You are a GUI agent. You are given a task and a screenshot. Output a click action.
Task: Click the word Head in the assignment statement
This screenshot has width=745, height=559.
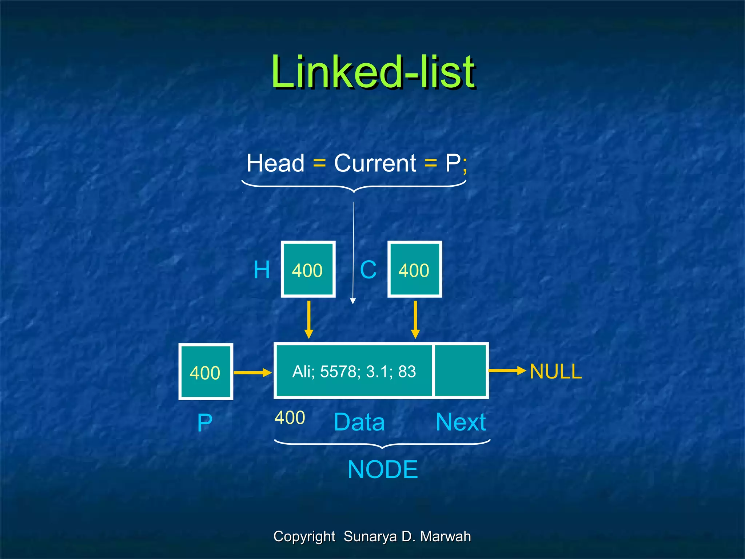pyautogui.click(x=275, y=163)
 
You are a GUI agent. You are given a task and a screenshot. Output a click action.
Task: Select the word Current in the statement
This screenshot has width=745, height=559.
pyautogui.click(x=375, y=163)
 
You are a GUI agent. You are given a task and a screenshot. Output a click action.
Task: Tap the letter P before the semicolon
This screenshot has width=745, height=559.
pyautogui.click(x=453, y=163)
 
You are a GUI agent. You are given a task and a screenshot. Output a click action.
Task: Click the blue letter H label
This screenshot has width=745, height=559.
pyautogui.click(x=262, y=270)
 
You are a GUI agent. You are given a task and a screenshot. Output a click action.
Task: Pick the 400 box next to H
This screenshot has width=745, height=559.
pyautogui.click(x=308, y=269)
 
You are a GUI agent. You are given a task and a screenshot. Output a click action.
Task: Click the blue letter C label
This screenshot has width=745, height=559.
pyautogui.click(x=368, y=270)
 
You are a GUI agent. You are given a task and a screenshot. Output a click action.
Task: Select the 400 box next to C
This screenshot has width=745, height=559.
pyautogui.click(x=415, y=269)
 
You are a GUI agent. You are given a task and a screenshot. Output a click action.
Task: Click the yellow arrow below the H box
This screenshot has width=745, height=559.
pyautogui.click(x=308, y=320)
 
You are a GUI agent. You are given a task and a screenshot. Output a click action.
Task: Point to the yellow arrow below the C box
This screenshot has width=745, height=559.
pyautogui.click(x=415, y=320)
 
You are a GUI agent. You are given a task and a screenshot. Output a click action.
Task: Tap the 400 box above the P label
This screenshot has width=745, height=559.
pyautogui.click(x=206, y=372)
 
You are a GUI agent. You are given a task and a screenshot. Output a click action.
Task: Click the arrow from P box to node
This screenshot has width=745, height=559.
pyautogui.click(x=252, y=372)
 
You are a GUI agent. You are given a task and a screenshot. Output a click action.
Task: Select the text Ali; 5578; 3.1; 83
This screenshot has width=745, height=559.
pyautogui.click(x=354, y=372)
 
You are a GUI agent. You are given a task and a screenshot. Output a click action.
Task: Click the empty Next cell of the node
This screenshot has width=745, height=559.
pyautogui.click(x=461, y=371)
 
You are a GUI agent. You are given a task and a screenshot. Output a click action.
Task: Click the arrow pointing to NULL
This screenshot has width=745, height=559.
pyautogui.click(x=507, y=370)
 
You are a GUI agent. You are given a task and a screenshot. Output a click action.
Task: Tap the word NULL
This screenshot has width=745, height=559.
pyautogui.click(x=555, y=372)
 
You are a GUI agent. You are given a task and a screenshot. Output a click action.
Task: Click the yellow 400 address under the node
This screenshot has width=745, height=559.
pyautogui.click(x=290, y=417)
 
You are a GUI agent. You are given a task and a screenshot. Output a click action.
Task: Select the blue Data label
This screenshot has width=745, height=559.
pyautogui.click(x=359, y=422)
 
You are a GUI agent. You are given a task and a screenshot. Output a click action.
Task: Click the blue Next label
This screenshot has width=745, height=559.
pyautogui.click(x=461, y=422)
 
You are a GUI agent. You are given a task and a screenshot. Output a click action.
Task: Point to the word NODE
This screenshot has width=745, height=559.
pyautogui.click(x=383, y=469)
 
